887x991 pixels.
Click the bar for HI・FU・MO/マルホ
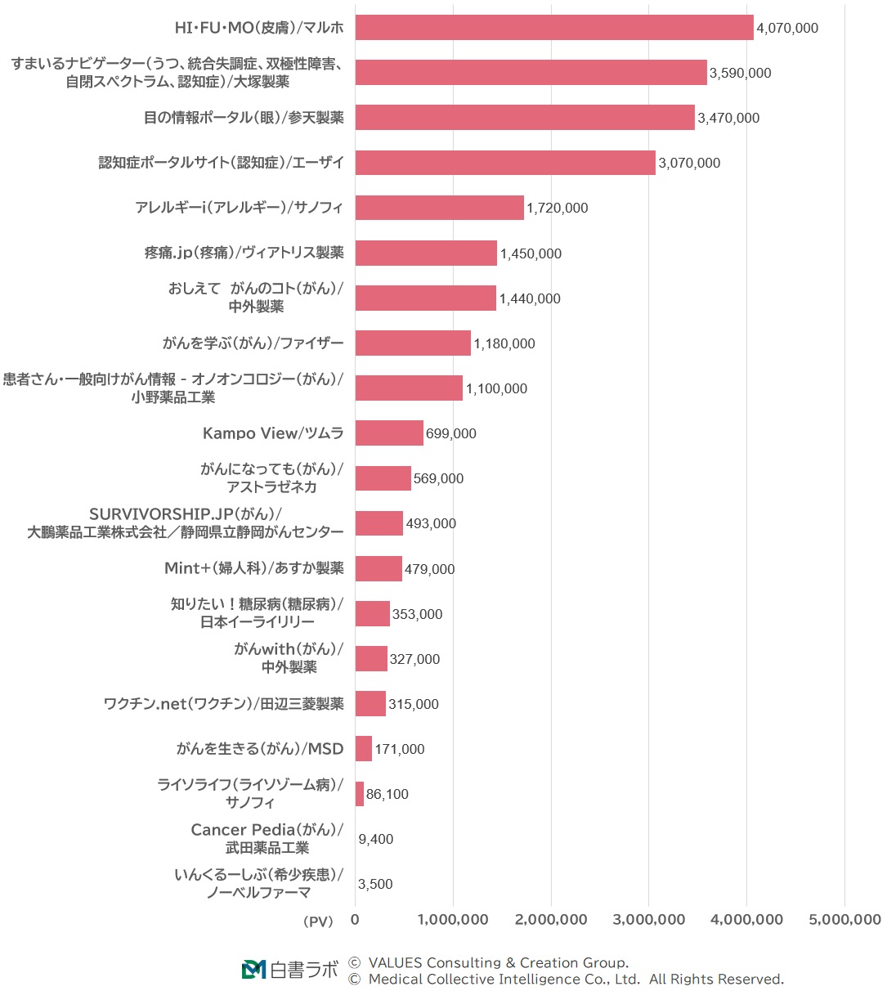(554, 28)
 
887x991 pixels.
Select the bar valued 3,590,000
(531, 73)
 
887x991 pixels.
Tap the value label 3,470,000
(728, 118)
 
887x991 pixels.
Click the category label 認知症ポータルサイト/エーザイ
(221, 163)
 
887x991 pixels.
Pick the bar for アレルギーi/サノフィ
(439, 208)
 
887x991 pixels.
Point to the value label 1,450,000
(531, 253)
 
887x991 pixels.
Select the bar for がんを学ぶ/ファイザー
(413, 343)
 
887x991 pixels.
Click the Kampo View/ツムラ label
(272, 433)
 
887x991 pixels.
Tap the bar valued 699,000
(389, 433)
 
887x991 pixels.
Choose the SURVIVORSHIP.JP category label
(185, 523)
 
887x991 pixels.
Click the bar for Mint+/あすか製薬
(379, 569)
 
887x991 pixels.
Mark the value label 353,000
(417, 614)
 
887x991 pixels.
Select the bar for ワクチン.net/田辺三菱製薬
(370, 704)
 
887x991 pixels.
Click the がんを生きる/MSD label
(259, 749)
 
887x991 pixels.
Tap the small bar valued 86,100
(360, 794)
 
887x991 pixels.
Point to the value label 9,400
(375, 839)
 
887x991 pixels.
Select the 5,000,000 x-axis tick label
(844, 920)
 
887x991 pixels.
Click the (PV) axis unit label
(318, 921)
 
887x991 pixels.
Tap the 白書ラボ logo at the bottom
(290, 970)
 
